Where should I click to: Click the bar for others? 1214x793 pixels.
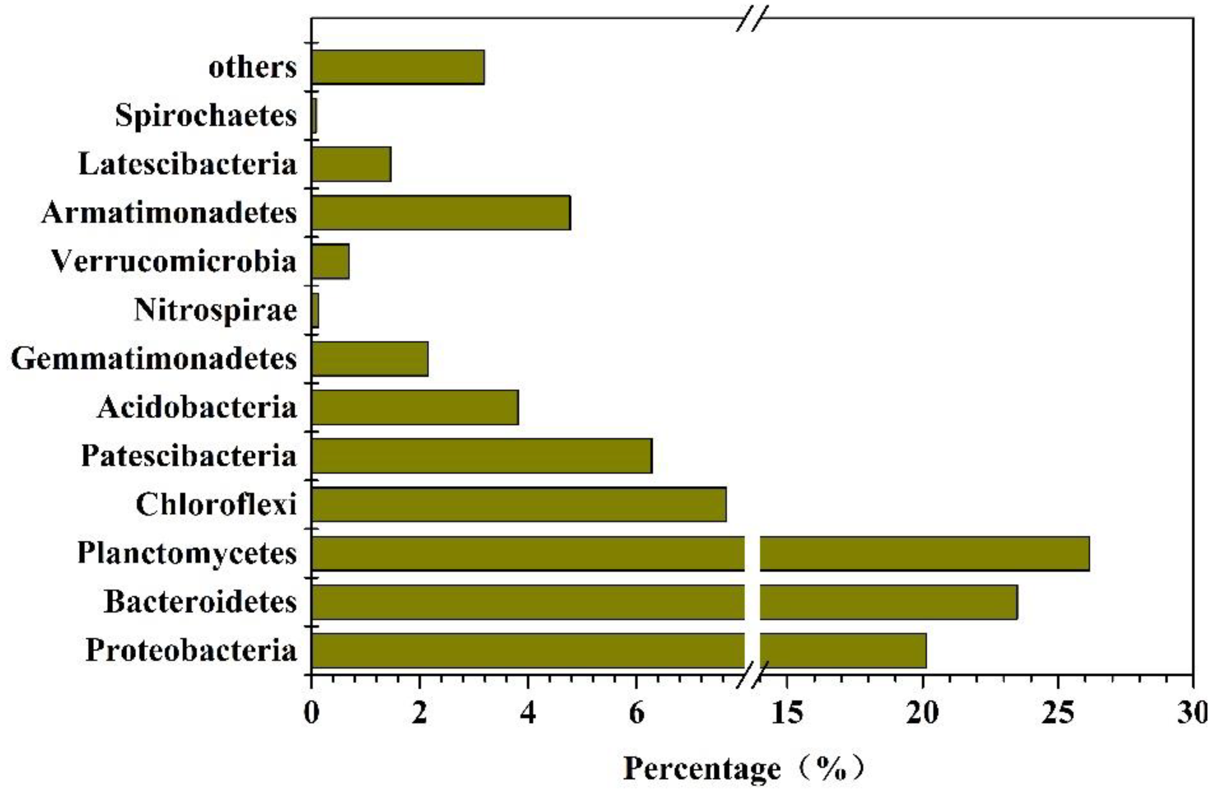click(x=398, y=67)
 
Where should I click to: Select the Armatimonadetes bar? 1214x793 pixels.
click(x=441, y=213)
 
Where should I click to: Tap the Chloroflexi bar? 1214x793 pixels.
click(x=518, y=504)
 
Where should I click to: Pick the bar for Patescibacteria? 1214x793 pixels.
click(x=481, y=456)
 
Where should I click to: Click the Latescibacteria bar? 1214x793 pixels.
click(x=351, y=164)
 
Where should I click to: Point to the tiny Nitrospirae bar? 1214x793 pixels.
click(x=315, y=310)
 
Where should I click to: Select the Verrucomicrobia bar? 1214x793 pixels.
click(x=330, y=261)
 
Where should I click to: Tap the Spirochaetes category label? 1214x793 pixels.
click(x=206, y=115)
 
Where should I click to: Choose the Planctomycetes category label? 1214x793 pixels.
click(x=187, y=553)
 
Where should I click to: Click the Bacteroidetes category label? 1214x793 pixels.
click(x=201, y=602)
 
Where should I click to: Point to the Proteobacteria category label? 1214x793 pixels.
click(x=191, y=650)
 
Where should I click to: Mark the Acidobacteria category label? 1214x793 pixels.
click(x=197, y=407)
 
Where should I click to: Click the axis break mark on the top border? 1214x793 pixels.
click(x=752, y=19)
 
